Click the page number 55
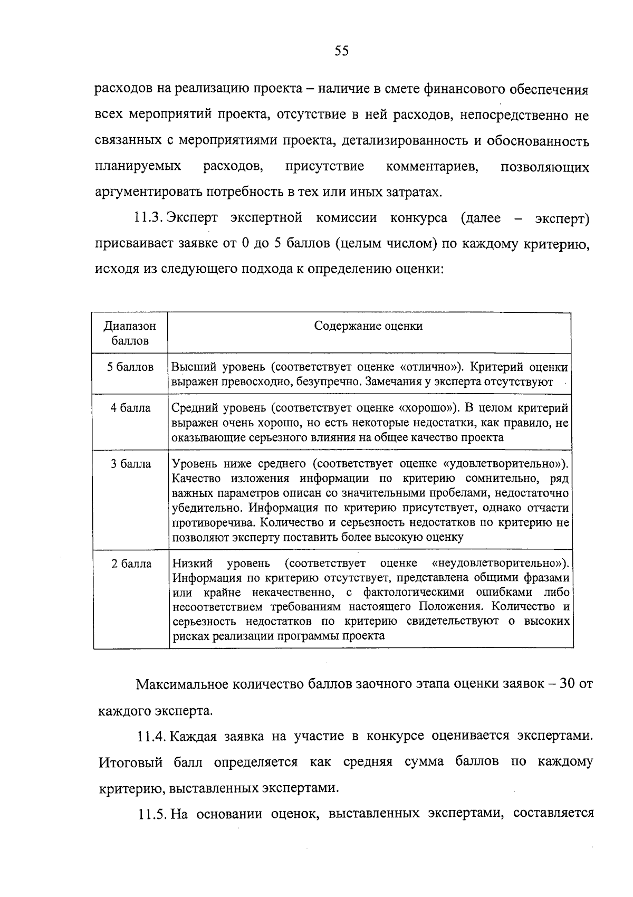click(341, 51)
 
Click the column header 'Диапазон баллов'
click(130, 333)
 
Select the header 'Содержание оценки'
click(368, 326)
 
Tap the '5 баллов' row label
click(130, 367)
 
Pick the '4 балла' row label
click(130, 408)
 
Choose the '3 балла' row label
click(130, 464)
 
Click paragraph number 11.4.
click(153, 737)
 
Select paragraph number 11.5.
click(153, 814)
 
